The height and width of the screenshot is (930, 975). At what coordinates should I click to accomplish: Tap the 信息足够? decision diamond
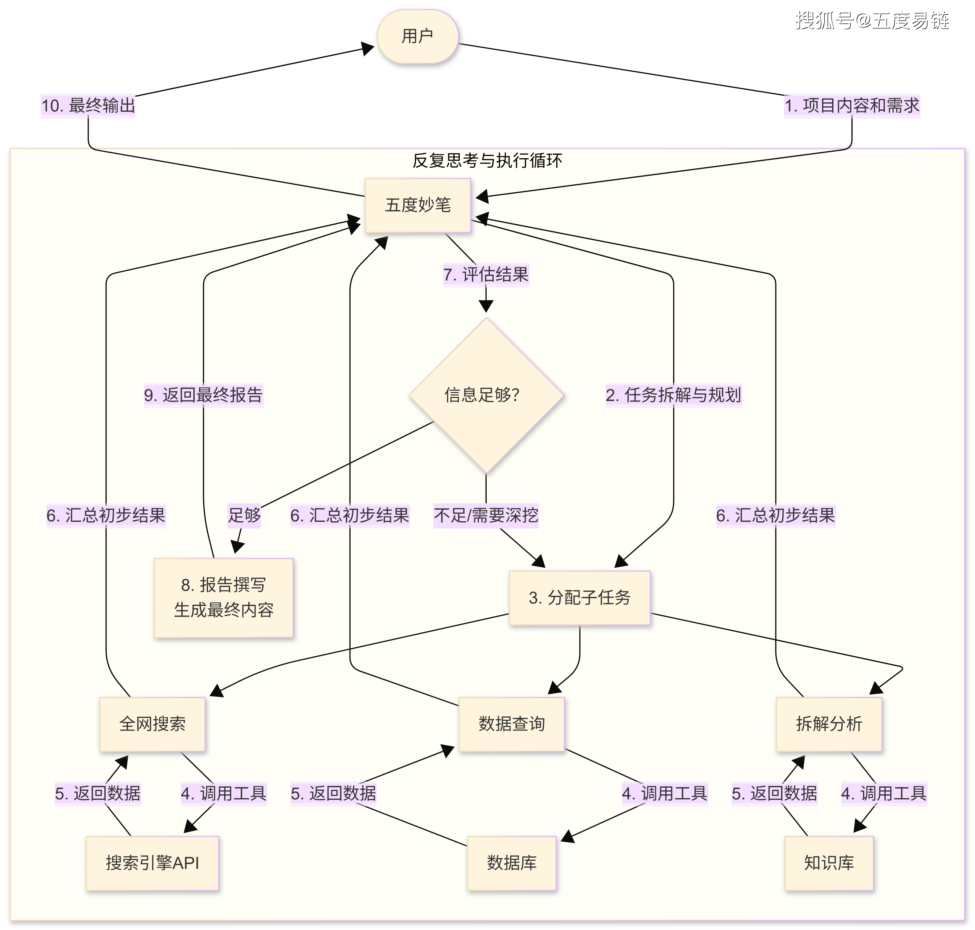(486, 395)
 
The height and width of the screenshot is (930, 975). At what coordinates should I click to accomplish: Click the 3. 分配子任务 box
(579, 598)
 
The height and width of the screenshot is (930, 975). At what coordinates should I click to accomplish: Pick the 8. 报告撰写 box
(224, 597)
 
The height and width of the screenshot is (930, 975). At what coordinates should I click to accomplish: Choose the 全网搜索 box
(152, 724)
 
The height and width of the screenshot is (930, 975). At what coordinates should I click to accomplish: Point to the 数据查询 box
(511, 724)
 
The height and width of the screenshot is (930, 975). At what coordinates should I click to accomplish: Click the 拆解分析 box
(829, 724)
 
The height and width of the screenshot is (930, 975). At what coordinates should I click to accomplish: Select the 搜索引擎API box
(152, 863)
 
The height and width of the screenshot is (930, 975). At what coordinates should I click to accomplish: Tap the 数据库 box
(511, 863)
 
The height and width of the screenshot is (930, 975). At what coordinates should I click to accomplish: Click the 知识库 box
(829, 863)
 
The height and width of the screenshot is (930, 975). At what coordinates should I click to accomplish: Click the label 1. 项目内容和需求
(852, 106)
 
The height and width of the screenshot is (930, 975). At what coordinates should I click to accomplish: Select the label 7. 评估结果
(486, 275)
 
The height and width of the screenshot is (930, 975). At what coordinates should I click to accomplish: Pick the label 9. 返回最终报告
(203, 395)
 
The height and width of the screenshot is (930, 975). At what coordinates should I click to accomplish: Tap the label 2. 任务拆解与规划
(673, 395)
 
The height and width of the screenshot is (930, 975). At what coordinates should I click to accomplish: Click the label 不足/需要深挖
(486, 516)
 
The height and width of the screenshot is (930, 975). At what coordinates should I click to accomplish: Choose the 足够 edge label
(244, 516)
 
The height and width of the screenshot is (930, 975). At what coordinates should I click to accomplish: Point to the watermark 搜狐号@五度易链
(872, 21)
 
